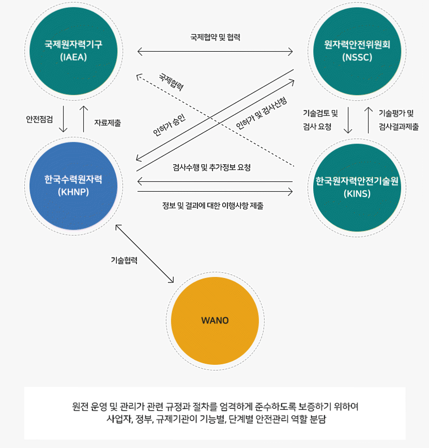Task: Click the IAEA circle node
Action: (x=73, y=51)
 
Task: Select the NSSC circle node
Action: (x=356, y=51)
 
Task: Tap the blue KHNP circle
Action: (x=73, y=185)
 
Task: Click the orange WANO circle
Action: (x=214, y=320)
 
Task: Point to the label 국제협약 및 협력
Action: (x=215, y=37)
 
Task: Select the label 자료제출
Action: (x=108, y=123)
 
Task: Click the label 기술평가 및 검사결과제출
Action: (x=399, y=120)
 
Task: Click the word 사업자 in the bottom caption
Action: (x=117, y=419)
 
